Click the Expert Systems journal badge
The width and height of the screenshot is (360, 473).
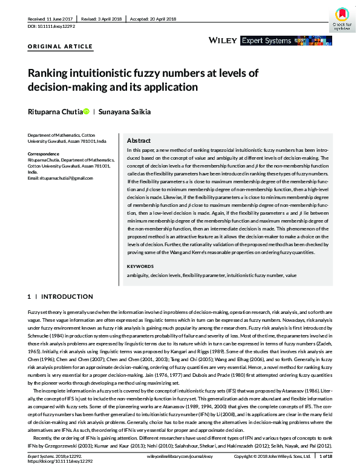click(x=269, y=41)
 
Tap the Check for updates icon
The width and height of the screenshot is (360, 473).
click(x=342, y=19)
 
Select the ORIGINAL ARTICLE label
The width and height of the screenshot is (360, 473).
click(x=61, y=46)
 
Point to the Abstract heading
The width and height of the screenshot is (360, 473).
click(x=139, y=139)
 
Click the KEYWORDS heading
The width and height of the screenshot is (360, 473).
click(x=140, y=266)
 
